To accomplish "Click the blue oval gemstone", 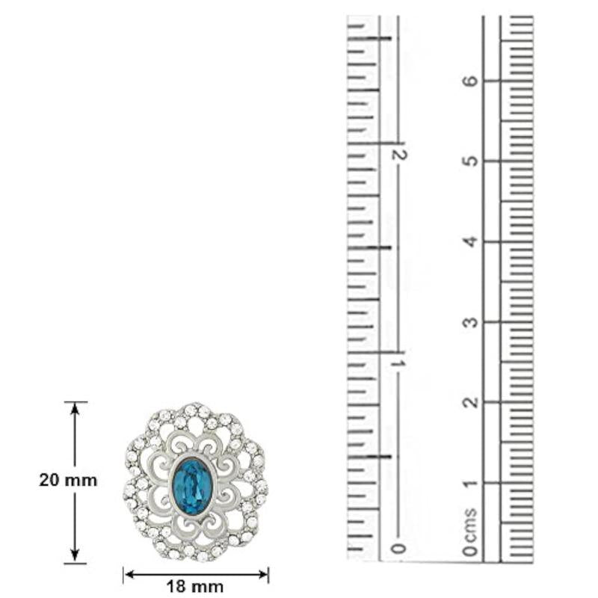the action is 191,482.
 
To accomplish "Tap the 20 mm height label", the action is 68,480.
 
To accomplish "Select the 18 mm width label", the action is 195,587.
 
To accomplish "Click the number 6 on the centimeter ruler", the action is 471,81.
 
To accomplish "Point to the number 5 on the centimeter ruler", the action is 471,161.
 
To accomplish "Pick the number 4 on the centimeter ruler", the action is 471,241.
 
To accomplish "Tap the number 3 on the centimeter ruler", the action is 471,322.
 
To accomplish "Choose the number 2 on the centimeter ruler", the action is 471,402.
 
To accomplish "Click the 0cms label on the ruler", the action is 471,532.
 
